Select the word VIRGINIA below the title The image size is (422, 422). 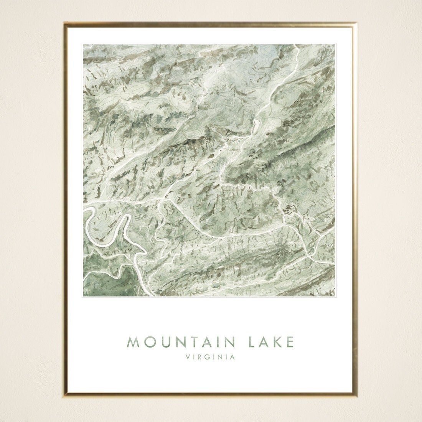210,358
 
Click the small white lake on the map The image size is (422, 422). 254,125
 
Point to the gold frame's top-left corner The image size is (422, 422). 65,23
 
